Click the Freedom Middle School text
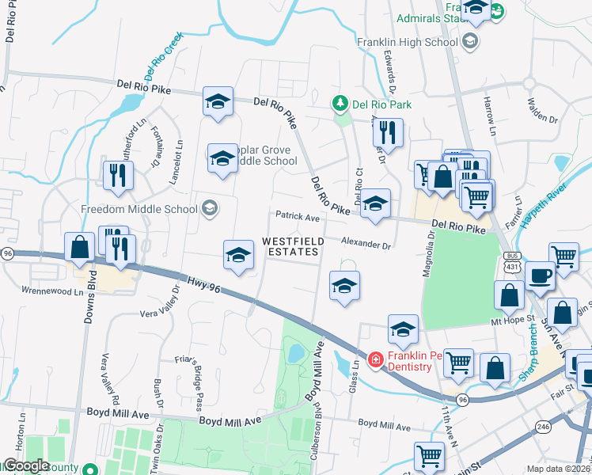click(x=139, y=209)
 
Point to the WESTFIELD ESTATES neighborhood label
click(x=290, y=245)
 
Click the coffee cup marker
click(x=540, y=275)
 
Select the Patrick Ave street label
click(x=297, y=216)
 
